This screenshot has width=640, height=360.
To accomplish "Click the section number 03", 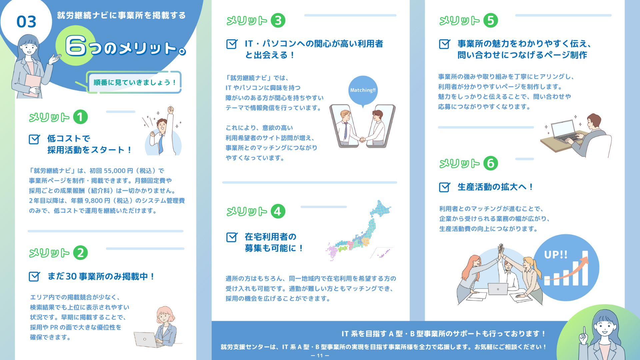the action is [26, 22].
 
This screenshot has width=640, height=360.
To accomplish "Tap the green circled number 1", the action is [80, 117].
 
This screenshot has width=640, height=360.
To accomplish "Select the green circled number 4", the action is [278, 211].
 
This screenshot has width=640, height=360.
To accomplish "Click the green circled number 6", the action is [491, 163].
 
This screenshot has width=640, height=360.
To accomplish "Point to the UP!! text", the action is [556, 255].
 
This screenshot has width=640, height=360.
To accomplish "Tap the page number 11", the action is [320, 356].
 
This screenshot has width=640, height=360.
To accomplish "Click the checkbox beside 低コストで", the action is [34, 139].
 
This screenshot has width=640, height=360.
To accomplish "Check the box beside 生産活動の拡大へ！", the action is [444, 187].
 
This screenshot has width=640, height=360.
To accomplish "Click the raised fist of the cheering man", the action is [171, 110].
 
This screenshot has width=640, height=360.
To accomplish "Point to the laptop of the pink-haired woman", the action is [145, 339].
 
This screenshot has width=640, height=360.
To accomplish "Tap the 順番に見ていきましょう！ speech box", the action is [134, 82].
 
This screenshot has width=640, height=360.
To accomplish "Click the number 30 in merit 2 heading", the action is [71, 277].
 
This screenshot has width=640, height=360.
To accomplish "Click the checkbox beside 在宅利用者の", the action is [232, 237].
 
